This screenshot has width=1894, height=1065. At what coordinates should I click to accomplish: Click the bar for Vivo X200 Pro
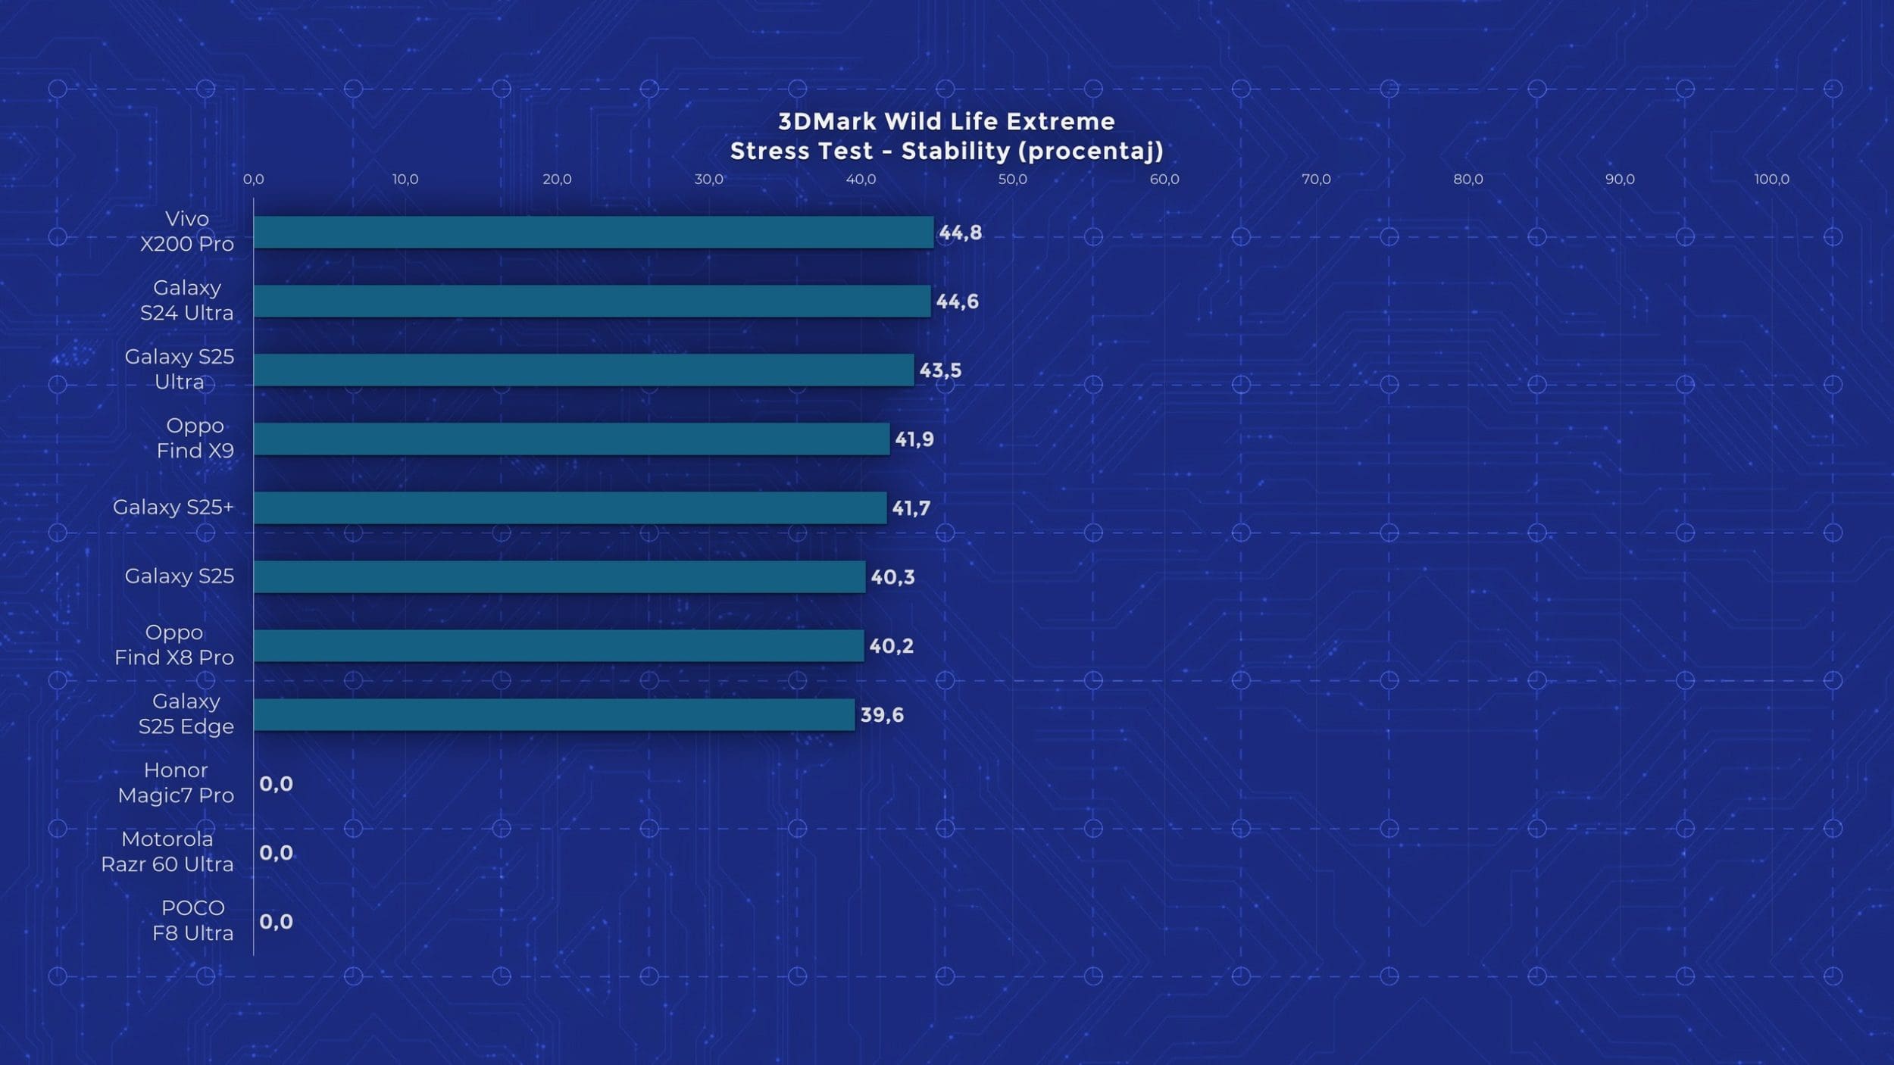[593, 232]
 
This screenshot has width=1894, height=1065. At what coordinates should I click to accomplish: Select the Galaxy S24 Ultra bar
[592, 301]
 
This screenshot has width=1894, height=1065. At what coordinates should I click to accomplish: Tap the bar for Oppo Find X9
[571, 439]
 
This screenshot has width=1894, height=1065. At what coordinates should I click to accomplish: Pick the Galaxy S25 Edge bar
[554, 714]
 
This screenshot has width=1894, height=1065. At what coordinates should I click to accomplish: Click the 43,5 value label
[940, 370]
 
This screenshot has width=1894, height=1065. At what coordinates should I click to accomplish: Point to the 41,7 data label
[911, 508]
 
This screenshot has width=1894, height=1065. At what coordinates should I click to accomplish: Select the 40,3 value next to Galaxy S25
[892, 577]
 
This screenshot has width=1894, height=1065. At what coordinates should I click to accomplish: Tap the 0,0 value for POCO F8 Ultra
[276, 922]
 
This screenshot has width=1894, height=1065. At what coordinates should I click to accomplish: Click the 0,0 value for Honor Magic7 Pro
[276, 784]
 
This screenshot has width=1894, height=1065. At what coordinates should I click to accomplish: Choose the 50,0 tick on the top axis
[1012, 180]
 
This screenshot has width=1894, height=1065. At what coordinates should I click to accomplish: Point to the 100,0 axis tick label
[1771, 180]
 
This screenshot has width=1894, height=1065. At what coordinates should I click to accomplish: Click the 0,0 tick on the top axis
[254, 180]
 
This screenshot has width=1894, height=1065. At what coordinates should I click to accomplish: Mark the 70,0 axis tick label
[1316, 180]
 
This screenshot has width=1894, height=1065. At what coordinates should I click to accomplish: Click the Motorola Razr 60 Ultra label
[167, 851]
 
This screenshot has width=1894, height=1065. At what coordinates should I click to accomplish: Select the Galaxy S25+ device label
[173, 507]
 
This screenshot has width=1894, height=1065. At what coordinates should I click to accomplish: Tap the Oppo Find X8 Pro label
[174, 645]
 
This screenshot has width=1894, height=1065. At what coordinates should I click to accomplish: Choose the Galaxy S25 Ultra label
[180, 369]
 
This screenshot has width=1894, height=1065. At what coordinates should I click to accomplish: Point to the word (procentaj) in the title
[1091, 151]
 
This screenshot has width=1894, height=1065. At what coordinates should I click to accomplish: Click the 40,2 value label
[891, 646]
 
